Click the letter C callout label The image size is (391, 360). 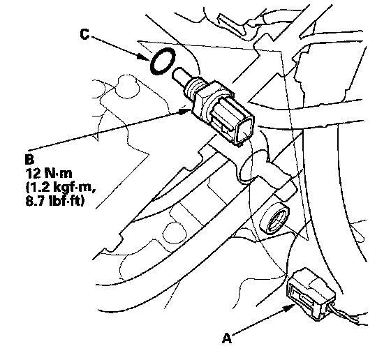tap(84, 34)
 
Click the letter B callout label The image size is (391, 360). tap(29, 160)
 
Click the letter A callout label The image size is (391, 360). tap(227, 338)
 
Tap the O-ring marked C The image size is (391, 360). tap(163, 61)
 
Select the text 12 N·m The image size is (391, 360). tap(48, 173)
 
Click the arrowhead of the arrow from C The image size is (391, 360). tap(145, 57)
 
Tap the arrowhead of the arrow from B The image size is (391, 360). tap(185, 111)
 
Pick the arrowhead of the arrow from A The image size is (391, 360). tap(290, 308)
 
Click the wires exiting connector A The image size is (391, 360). tap(346, 315)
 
